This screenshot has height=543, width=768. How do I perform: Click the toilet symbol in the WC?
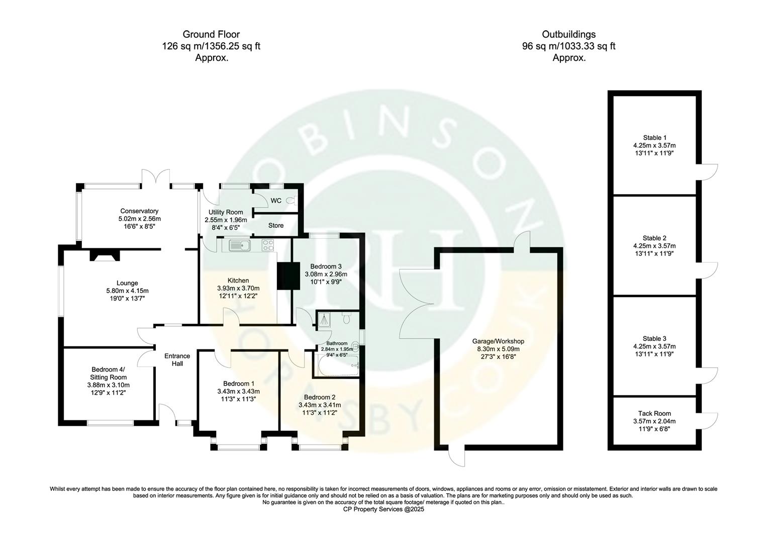coord(290,201)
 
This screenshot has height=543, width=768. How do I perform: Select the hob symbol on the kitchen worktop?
coord(268,245)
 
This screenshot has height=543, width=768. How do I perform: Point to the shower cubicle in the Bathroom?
coord(323,319)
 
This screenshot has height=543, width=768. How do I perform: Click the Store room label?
coord(276,225)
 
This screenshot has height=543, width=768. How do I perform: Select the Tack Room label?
coord(654,413)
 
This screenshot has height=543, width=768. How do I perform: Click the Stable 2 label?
coord(654,238)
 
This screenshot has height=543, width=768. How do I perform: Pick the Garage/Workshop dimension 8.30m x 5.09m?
coord(498,349)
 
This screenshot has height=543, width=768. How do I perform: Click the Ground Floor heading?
coord(211,35)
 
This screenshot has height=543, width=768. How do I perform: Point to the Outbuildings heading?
coord(568,35)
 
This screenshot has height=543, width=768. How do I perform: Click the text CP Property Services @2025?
coord(383,509)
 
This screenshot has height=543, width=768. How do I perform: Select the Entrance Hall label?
coord(177,360)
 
